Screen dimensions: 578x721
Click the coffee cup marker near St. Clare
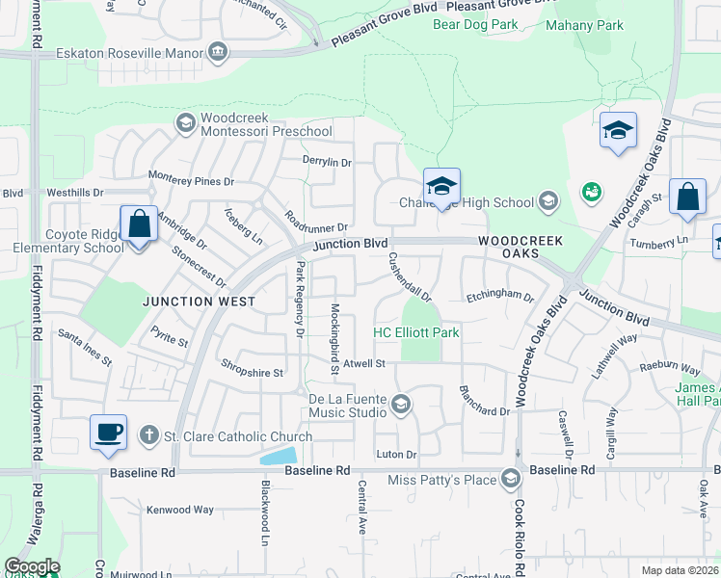(109, 431)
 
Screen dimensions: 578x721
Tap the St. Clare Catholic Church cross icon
(148, 435)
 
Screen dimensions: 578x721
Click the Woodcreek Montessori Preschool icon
(184, 122)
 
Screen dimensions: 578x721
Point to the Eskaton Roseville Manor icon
(218, 51)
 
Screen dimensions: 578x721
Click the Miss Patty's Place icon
(511, 479)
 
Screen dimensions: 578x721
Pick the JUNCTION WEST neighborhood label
(200, 302)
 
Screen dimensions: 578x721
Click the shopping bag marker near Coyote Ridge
(139, 223)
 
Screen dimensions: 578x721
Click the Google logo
(32, 566)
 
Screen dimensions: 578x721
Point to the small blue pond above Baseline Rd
(279, 456)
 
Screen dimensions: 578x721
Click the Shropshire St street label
(252, 372)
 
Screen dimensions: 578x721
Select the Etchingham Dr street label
(499, 296)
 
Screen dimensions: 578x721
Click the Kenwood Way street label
(179, 509)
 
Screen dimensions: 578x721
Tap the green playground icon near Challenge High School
(591, 192)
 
